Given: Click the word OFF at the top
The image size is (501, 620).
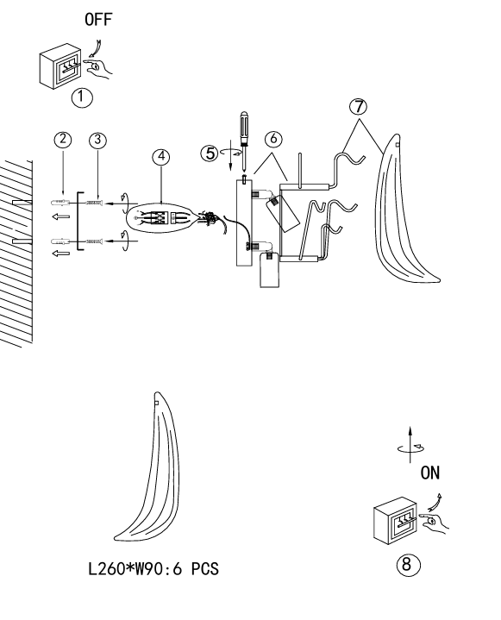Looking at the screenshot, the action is tap(98, 19).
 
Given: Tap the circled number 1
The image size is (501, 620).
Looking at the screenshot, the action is tap(82, 97).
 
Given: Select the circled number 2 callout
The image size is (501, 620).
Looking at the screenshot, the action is tap(62, 140).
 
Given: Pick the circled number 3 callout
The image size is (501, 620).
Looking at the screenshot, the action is tap(97, 140).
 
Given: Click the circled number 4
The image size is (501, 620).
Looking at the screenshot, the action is tap(161, 157).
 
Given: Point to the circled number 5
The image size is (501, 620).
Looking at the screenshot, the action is tap(210, 153).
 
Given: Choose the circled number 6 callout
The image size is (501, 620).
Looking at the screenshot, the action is tap(273, 139).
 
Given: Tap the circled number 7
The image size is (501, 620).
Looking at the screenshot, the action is tap(358, 107).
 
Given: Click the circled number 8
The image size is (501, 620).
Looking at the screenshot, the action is tap(408, 564).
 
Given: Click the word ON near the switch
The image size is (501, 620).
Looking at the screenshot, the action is tap(429, 473).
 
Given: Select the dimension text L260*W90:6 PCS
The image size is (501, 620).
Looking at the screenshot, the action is tap(153, 569).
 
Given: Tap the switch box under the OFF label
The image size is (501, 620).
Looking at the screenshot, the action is tap(60, 67).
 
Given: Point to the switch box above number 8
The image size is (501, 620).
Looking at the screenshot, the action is tap(395, 521).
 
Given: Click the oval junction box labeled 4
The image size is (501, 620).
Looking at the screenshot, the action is tap(160, 218).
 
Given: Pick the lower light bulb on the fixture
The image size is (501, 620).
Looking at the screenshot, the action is tap(269, 270).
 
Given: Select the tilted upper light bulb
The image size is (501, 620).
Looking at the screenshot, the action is tap(283, 213).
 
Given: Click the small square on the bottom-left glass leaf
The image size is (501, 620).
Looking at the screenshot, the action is tap(157, 403).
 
